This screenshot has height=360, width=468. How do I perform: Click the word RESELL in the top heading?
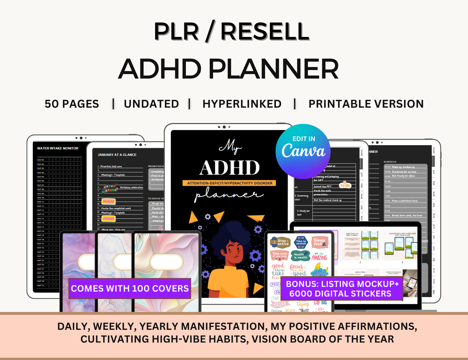pos(265,32)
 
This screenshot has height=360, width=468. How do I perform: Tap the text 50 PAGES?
pos(72,104)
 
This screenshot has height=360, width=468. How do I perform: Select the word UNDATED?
pos(151,104)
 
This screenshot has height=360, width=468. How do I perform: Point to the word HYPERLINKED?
pos(242,104)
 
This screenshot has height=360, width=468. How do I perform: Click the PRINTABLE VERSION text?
pos(366,104)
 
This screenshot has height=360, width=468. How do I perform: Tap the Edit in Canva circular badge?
pos(303,151)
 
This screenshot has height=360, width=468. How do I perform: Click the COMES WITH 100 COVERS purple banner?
pos(130,288)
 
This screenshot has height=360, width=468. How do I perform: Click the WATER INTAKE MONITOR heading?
pos(58,148)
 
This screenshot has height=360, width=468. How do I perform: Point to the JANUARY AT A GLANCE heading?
pos(117,155)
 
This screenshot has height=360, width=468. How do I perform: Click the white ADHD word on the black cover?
pos(229,168)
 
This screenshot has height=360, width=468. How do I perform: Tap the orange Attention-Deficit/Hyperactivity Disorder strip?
pos(230,183)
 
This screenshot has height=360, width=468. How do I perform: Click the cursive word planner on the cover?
pos(228,196)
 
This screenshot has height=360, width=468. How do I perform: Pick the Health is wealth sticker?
pos(300,256)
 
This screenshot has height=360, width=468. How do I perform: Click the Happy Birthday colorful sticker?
pos(109,188)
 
